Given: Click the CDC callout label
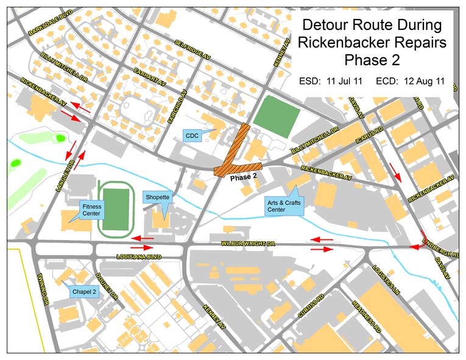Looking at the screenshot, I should click(192, 134).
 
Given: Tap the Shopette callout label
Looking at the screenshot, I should click(157, 197).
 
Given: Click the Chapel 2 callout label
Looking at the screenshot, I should click(85, 291).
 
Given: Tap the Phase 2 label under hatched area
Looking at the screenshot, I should click(244, 176).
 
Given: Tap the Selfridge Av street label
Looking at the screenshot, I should click(192, 49).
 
